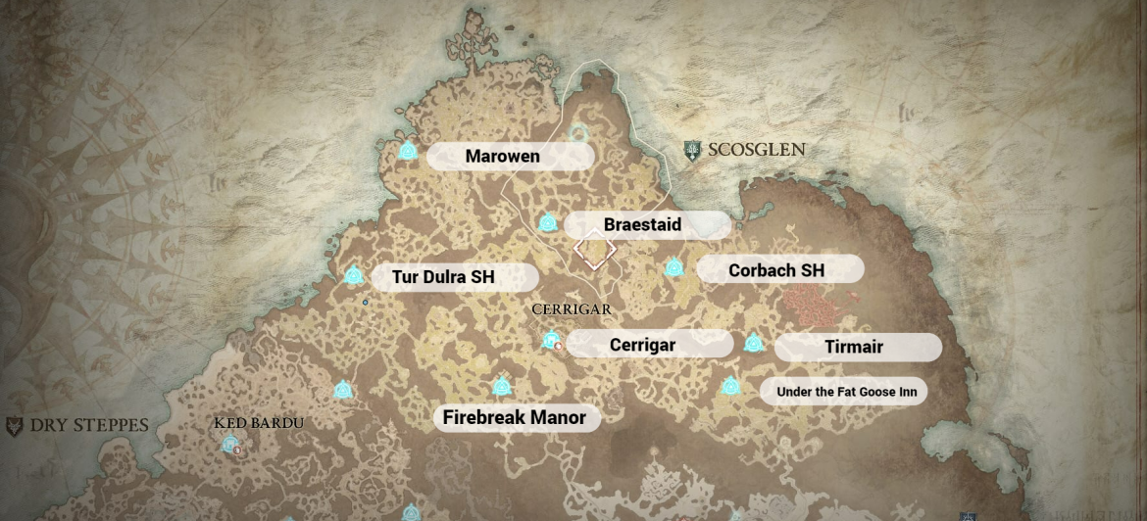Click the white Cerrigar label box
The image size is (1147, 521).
(649, 344)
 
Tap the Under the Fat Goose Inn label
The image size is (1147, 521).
(844, 392)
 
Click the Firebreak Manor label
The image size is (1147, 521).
(516, 418)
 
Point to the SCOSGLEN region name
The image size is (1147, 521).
(758, 150)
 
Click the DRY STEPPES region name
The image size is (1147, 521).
(89, 426)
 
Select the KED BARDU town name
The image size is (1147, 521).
(259, 423)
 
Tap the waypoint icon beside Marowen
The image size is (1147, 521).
(409, 152)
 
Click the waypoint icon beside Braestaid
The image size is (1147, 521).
(548, 223)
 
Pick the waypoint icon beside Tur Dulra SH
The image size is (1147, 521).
(354, 276)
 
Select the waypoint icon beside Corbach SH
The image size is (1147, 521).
(673, 268)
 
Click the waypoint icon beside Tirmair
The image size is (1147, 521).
(753, 344)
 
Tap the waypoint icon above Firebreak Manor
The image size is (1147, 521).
(501, 386)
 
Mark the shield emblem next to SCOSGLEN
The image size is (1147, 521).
(693, 151)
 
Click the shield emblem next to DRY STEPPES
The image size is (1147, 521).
(14, 427)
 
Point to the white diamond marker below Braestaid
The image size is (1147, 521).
(594, 252)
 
